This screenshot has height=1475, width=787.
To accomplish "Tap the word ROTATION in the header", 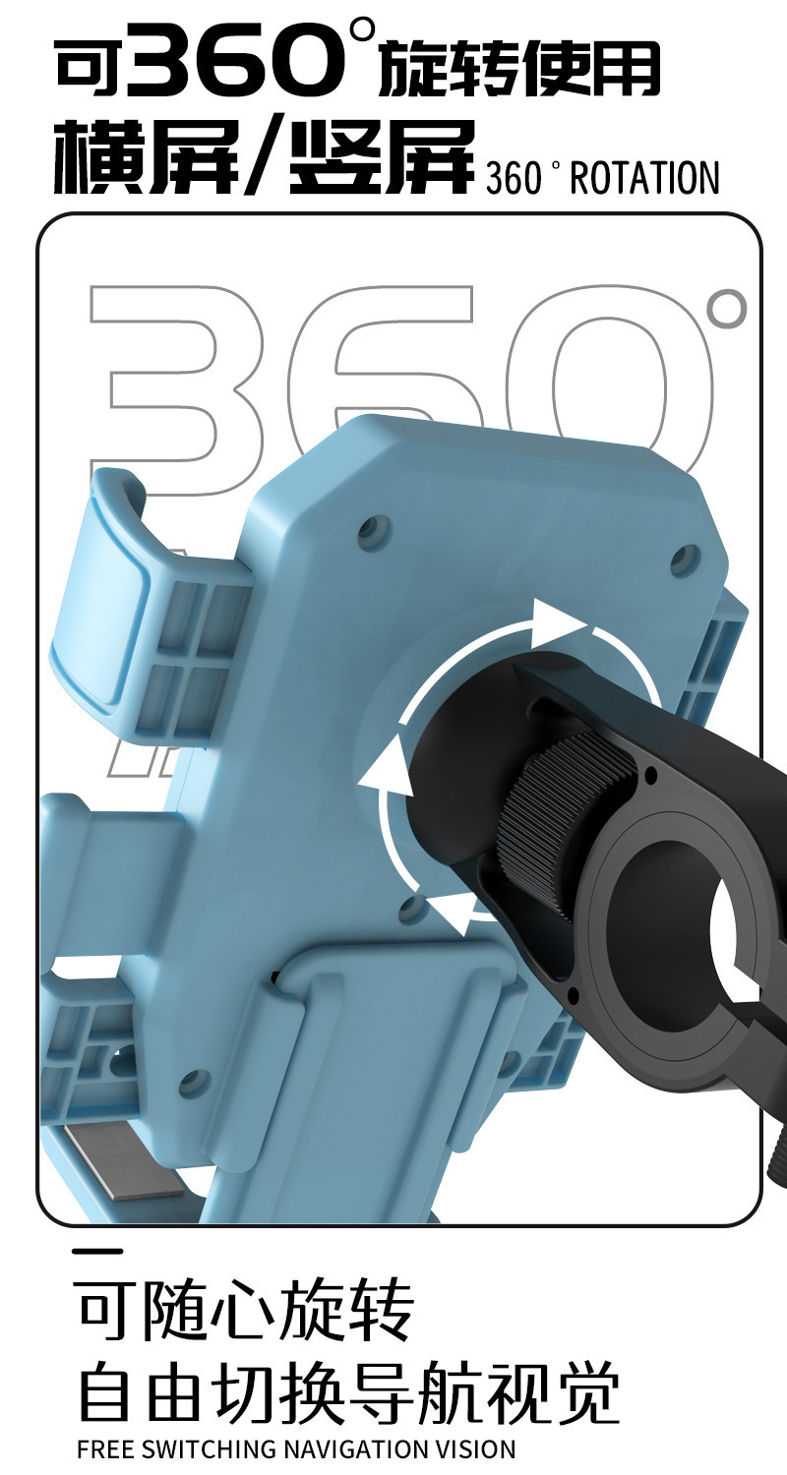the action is click(x=644, y=178).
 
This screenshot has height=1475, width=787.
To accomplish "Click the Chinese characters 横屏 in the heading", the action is click(x=147, y=156).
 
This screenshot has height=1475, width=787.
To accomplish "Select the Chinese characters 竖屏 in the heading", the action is click(x=382, y=156).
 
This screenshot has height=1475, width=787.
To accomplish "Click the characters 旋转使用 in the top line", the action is click(x=519, y=67).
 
